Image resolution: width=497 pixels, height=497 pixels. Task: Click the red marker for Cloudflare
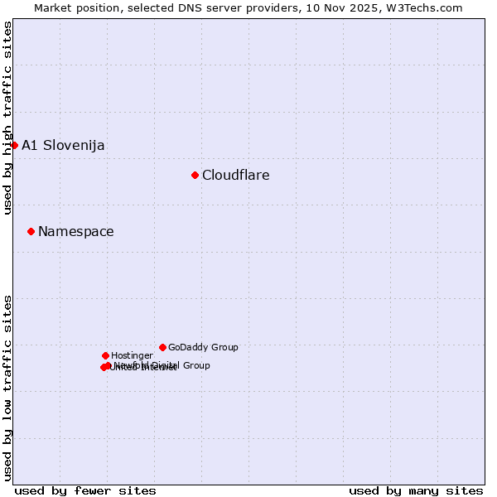pos(195,175)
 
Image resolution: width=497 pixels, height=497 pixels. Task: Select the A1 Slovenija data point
pos(14,145)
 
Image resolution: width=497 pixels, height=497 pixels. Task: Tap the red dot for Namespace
pos(31,231)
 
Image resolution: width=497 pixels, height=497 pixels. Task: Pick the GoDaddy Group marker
pos(162,347)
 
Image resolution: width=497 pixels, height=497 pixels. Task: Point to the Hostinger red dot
pos(105,355)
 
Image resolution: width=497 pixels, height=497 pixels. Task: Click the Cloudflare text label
pos(236,175)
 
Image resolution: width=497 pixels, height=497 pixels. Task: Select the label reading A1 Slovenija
pos(63,146)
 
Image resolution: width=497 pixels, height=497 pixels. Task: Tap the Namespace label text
pos(76,232)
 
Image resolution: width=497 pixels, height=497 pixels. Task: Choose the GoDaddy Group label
pos(203,347)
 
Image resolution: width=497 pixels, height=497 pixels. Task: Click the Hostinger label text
pos(132,355)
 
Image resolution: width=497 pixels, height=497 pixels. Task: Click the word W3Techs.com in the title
pos(422,7)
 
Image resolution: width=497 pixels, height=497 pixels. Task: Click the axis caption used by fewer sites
pos(85,490)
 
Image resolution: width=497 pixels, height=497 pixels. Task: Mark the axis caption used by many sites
pos(416,490)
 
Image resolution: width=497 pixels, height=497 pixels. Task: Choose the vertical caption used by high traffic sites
pos(7,118)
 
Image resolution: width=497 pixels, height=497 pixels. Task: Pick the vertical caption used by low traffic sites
pos(7,387)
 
